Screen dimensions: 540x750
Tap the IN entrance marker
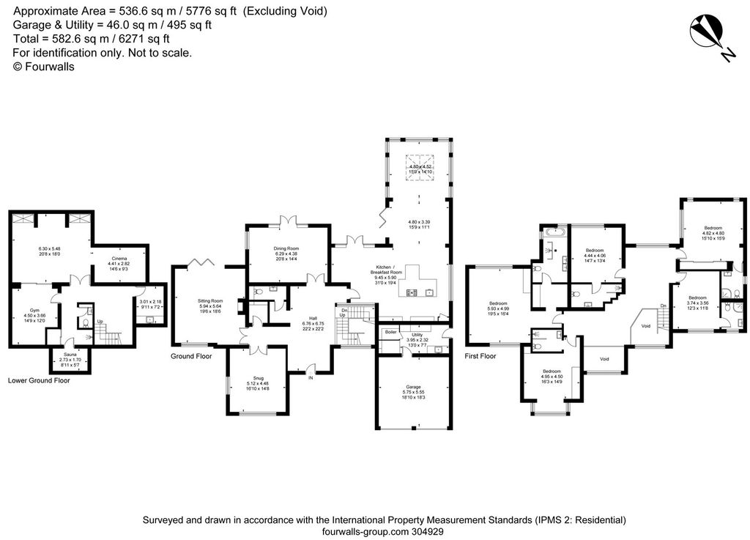click(x=310, y=378)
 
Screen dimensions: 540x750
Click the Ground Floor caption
click(x=191, y=356)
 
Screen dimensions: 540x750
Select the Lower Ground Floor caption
click(x=39, y=380)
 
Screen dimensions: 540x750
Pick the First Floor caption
click(x=480, y=356)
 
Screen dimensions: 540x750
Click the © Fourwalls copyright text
click(x=44, y=66)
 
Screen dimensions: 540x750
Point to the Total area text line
click(x=92, y=39)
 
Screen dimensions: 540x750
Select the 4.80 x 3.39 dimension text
click(x=418, y=222)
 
